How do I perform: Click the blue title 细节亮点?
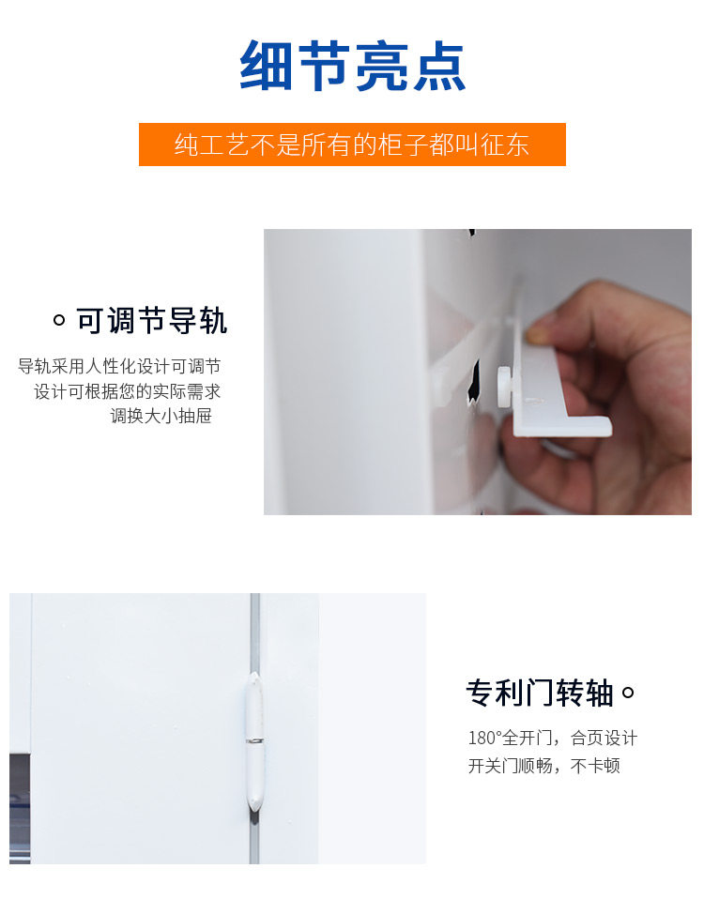(x=352, y=66)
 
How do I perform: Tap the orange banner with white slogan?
(x=352, y=145)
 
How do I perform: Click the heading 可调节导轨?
(x=152, y=321)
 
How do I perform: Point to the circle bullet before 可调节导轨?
(x=59, y=320)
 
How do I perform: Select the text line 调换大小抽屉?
(x=161, y=416)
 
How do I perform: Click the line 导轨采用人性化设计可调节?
(x=119, y=366)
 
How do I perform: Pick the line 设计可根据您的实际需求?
(x=128, y=391)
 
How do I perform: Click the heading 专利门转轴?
(x=540, y=693)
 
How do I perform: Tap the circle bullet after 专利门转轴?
(x=628, y=693)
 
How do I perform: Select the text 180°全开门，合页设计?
(x=553, y=738)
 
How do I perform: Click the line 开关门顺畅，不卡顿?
(x=544, y=766)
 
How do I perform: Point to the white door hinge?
(x=255, y=742)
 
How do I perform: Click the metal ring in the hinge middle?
(x=255, y=740)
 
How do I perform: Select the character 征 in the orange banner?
(x=492, y=145)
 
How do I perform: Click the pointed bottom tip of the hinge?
(x=255, y=812)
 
